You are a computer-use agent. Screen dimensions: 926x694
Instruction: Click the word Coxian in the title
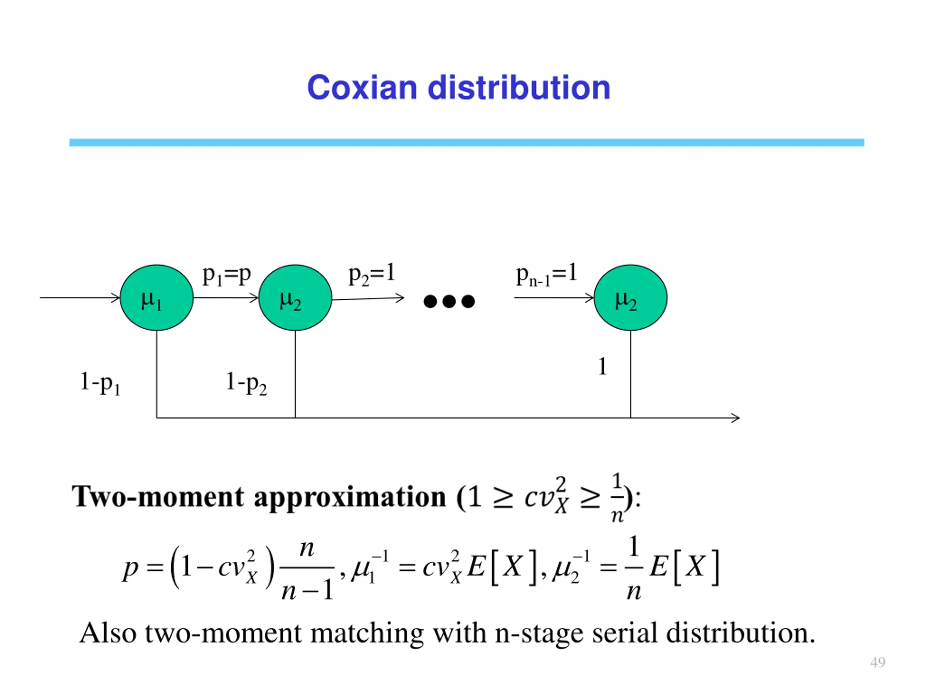coord(362,88)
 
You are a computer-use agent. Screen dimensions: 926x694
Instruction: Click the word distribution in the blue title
coord(519,88)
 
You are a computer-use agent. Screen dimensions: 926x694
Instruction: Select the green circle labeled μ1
coord(157,298)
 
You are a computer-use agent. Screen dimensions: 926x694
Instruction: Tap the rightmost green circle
coord(630,298)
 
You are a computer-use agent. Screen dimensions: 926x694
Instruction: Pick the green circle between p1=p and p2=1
coord(295,298)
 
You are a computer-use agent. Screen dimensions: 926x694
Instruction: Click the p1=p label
coord(226,276)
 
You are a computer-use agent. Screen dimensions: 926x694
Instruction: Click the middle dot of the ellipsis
coord(449,301)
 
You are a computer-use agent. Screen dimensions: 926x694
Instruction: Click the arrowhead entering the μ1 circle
coord(116,298)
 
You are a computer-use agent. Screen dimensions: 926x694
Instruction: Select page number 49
coord(878,662)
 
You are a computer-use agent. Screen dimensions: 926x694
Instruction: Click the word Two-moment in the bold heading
coord(157,497)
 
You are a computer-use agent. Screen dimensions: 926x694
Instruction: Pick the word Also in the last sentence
coord(107,633)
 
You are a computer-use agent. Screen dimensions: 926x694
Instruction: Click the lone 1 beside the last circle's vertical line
coord(602,367)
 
